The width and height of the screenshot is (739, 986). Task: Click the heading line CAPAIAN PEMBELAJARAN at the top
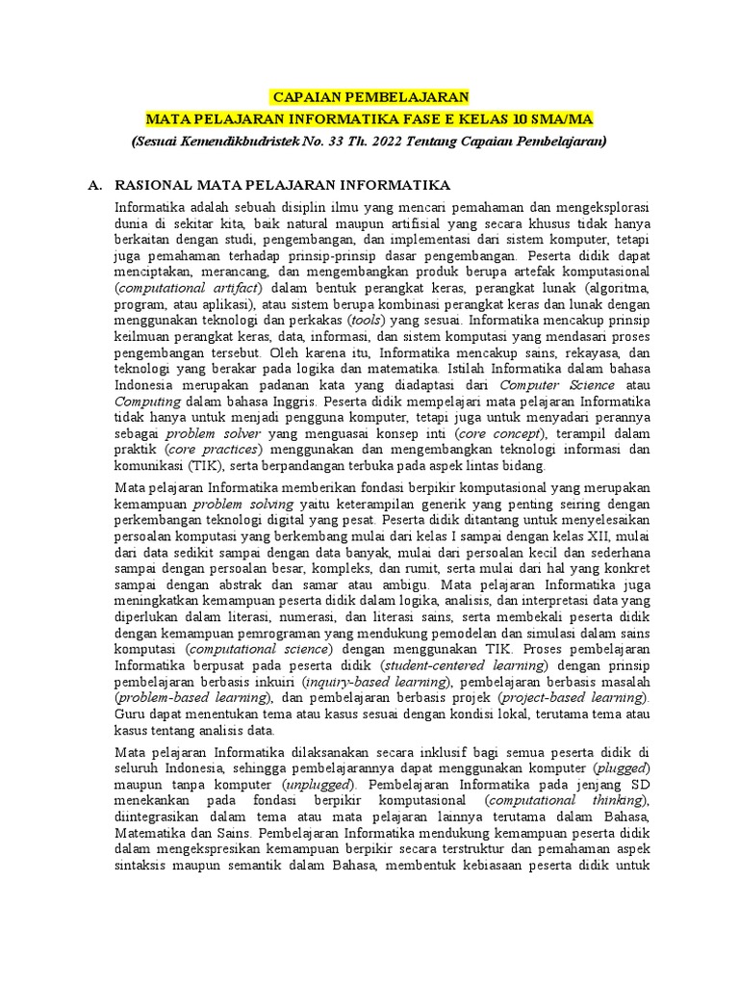[x=370, y=97]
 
